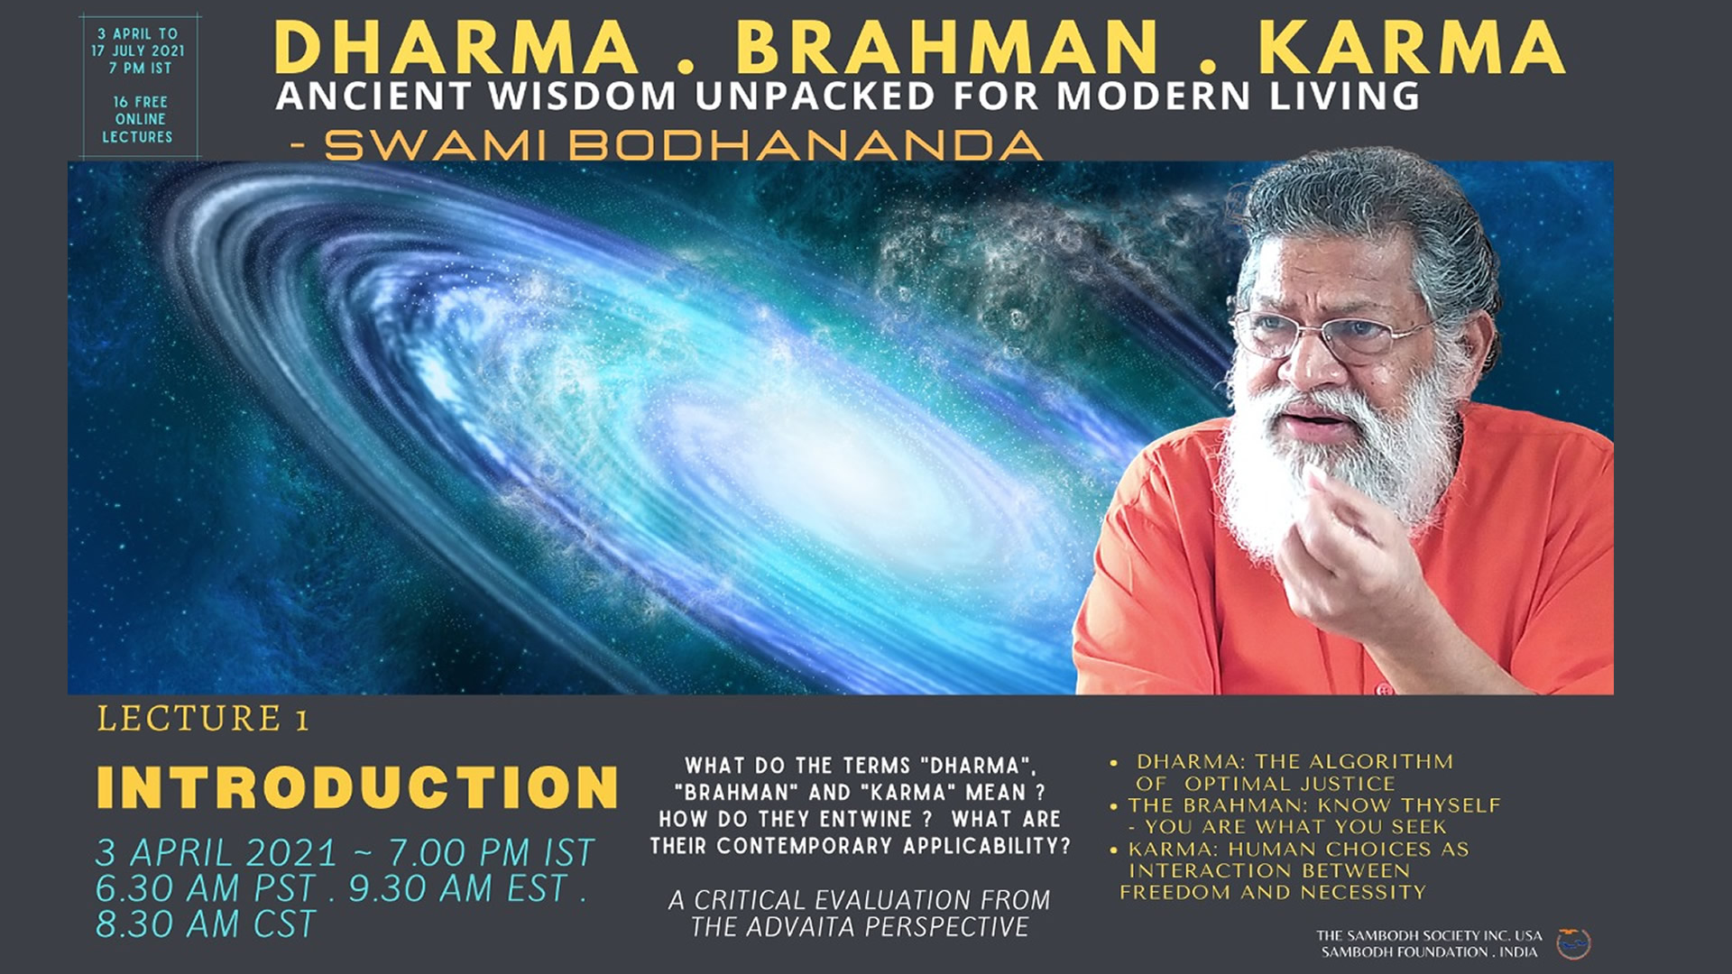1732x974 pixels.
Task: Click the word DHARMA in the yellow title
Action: [456, 47]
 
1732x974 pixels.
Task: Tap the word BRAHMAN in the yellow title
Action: [947, 47]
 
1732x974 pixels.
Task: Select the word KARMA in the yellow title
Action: [1412, 47]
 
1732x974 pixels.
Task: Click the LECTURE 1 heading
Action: [203, 719]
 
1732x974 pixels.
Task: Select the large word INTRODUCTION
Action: [357, 787]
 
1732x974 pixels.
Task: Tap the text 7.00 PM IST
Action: [492, 852]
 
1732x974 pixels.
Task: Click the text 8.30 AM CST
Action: [207, 924]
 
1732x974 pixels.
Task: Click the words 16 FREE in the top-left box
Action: [140, 102]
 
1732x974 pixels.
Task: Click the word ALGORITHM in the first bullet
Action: [1382, 762]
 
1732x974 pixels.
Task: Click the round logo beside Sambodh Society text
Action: [1574, 943]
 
